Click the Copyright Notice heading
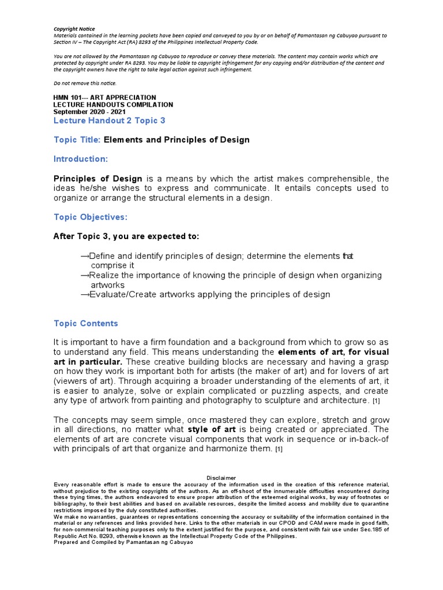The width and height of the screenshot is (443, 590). (x=74, y=29)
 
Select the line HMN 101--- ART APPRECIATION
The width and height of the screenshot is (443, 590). (x=104, y=97)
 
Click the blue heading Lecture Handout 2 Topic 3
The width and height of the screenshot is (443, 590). (x=110, y=120)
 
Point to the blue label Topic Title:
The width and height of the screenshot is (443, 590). (x=77, y=140)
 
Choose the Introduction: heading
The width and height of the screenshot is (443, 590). (x=81, y=158)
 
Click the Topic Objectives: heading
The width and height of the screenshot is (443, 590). (x=91, y=217)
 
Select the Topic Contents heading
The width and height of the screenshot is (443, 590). (x=86, y=323)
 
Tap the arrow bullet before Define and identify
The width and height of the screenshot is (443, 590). (x=85, y=256)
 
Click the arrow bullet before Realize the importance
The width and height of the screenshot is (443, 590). (x=85, y=275)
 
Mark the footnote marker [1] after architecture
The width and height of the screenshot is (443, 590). (x=376, y=400)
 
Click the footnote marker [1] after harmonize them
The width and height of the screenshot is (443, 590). (x=279, y=449)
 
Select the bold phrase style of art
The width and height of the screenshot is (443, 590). (x=211, y=429)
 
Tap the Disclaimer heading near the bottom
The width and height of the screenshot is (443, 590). (x=221, y=478)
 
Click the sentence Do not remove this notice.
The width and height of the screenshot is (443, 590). (x=85, y=83)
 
